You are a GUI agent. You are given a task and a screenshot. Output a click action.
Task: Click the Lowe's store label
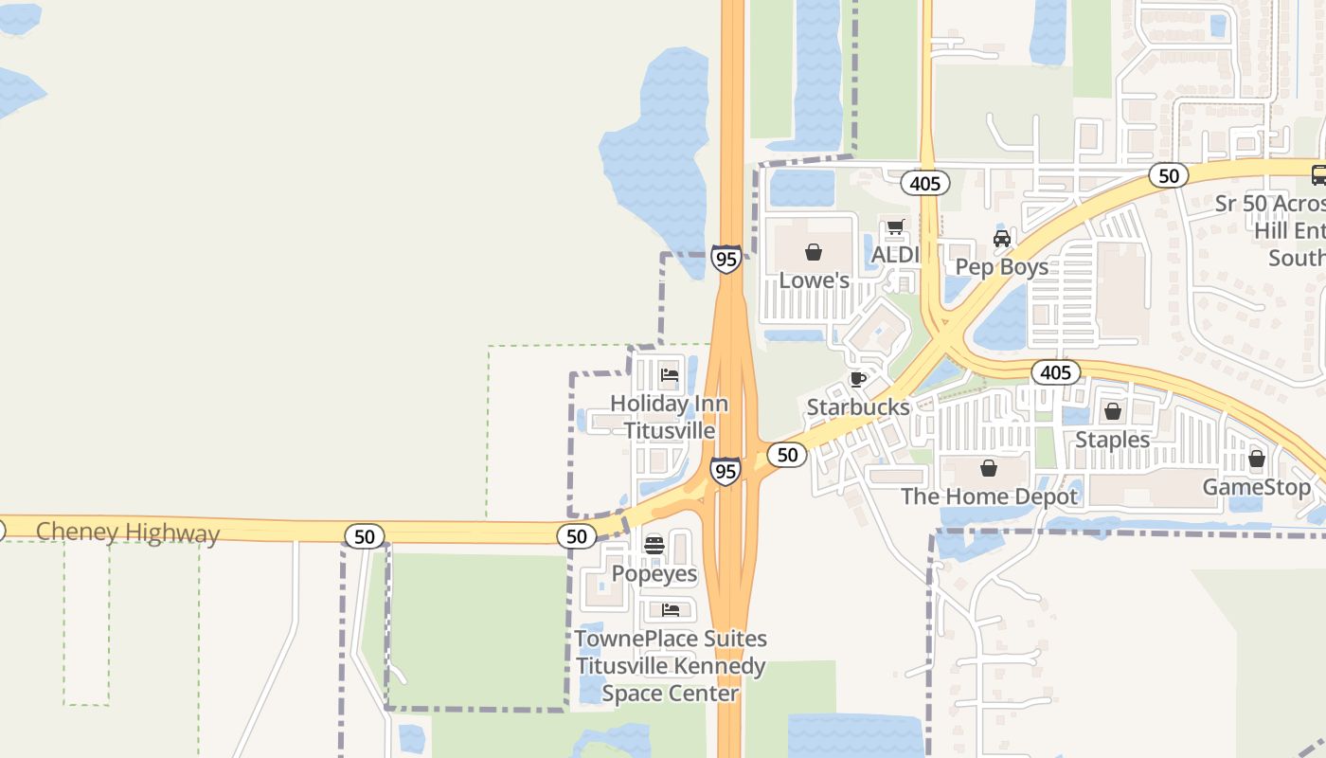tap(814, 280)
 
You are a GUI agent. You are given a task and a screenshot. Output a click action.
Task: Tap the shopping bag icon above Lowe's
tap(813, 252)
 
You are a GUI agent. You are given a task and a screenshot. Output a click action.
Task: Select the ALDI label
tap(895, 255)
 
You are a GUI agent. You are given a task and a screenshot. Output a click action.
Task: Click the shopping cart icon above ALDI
tap(895, 227)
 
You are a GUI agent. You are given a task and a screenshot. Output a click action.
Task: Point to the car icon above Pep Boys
tap(1002, 239)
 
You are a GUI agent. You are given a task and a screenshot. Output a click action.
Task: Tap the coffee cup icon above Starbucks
tap(858, 380)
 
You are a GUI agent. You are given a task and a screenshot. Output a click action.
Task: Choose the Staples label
tap(1112, 440)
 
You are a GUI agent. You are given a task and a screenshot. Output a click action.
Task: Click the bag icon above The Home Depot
tap(989, 468)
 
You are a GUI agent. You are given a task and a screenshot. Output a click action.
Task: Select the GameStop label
tap(1257, 488)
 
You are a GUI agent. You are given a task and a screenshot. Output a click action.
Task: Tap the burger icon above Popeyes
tap(654, 545)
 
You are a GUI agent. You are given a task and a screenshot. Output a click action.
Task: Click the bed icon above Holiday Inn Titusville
tap(670, 375)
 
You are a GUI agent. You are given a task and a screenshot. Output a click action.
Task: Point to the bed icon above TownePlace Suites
tap(671, 610)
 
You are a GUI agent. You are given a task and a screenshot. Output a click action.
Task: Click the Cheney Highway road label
tap(128, 532)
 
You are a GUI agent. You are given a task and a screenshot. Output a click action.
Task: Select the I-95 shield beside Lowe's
tap(726, 259)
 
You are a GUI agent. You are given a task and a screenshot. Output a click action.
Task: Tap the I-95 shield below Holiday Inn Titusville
tap(725, 471)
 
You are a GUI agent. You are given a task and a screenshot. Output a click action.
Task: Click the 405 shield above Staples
tap(1054, 372)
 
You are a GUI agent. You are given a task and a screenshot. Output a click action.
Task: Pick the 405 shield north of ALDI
tap(923, 183)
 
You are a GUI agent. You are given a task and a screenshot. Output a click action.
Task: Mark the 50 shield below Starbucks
tap(786, 456)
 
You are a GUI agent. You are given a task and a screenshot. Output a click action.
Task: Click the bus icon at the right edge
tap(1318, 174)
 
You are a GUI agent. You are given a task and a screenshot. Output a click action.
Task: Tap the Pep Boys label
tap(1001, 267)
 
